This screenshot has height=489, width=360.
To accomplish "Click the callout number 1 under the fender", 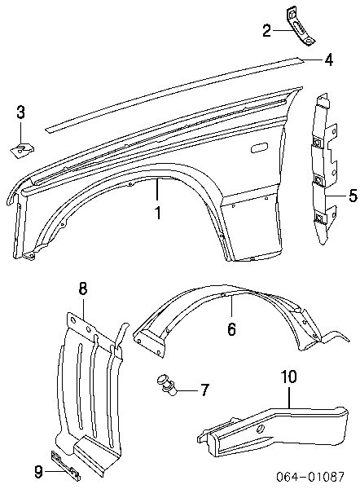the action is click(158, 213).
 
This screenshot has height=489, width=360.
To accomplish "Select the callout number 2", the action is click(267, 31).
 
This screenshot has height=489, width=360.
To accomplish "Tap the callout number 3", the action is click(20, 112).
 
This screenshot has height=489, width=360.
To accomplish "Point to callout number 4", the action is click(328, 59).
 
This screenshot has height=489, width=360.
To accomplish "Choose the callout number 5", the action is click(353, 196).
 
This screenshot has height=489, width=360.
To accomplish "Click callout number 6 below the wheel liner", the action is click(231, 328).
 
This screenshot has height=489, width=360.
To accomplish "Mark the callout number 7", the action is click(204, 390).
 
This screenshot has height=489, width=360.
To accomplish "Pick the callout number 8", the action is click(82, 289).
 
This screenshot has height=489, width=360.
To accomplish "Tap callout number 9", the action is click(38, 472).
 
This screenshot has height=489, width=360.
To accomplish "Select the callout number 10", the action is click(289, 377).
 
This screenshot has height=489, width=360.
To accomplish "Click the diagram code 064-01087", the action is click(310, 476).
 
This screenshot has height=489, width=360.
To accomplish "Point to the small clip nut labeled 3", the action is click(22, 150).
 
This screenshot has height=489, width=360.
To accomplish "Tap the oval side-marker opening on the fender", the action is click(259, 148).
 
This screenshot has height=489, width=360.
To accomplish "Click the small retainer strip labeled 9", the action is click(65, 465).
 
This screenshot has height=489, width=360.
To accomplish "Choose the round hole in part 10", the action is click(261, 430).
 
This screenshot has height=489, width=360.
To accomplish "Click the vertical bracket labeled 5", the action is click(323, 169).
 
